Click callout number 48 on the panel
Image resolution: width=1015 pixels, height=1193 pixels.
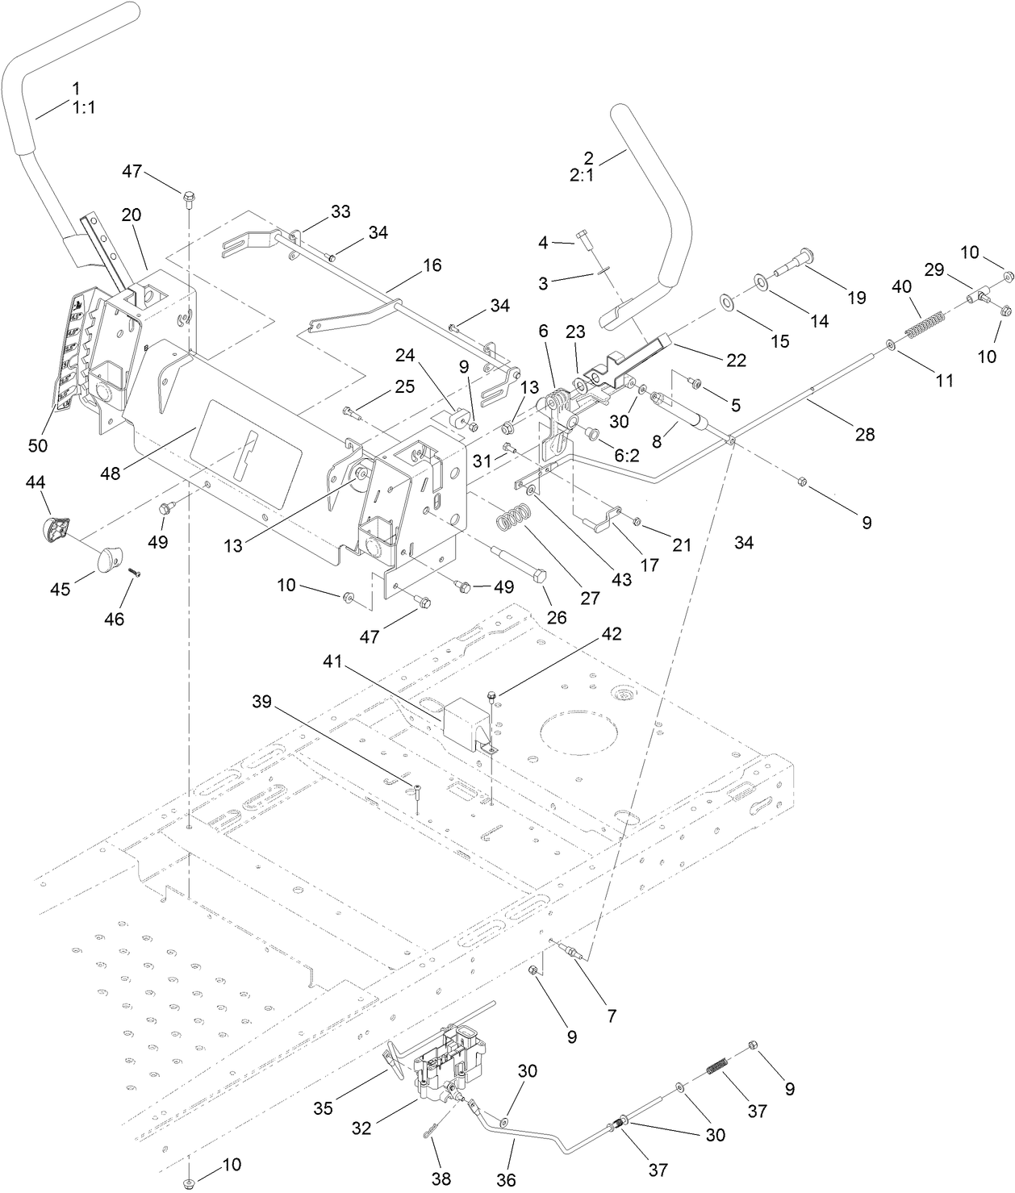(x=111, y=473)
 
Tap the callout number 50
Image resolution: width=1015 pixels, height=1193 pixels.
(x=38, y=445)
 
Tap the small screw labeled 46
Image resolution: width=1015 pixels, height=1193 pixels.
(x=136, y=571)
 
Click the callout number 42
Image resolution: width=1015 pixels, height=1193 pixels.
(x=611, y=634)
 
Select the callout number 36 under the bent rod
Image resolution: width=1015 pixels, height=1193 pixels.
(x=506, y=1179)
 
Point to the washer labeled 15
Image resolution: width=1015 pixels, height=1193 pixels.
(x=726, y=303)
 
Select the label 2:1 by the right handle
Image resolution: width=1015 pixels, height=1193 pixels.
(x=581, y=174)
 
